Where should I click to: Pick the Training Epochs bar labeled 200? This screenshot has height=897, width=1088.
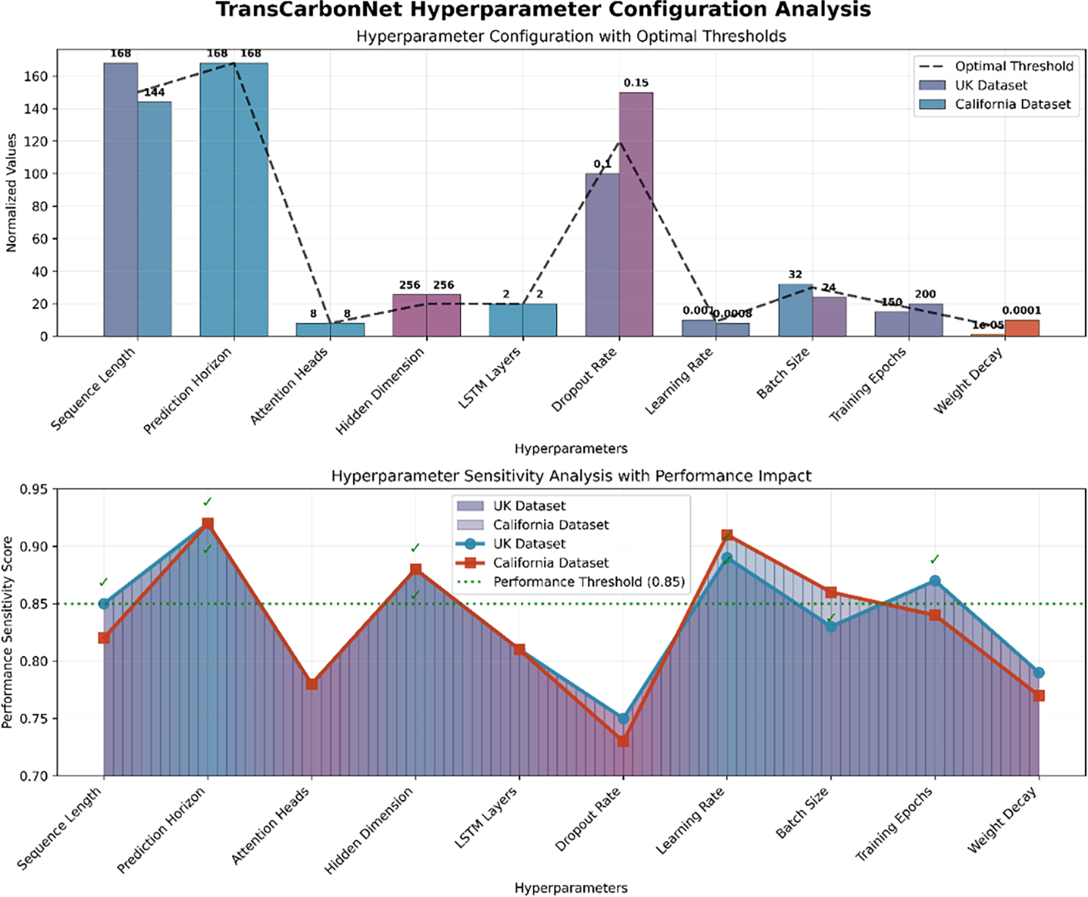[x=925, y=320]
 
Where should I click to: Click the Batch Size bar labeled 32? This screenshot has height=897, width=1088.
[x=795, y=310]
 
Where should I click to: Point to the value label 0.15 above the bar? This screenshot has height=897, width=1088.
[x=636, y=83]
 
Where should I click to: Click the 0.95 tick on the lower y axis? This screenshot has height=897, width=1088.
[x=33, y=489]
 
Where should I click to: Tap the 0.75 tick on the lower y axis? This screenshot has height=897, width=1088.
[x=33, y=718]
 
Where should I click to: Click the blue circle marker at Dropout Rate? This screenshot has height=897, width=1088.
[x=623, y=718]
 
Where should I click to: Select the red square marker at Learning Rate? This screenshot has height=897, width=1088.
[x=727, y=535]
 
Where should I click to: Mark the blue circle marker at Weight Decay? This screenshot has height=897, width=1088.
[x=1038, y=672]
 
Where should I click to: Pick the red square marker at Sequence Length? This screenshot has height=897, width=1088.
[x=104, y=638]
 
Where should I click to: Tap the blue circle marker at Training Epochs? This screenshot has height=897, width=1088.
[x=935, y=580]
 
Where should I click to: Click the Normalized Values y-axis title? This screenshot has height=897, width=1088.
[x=11, y=193]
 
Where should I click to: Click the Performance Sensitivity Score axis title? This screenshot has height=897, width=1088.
[x=8, y=632]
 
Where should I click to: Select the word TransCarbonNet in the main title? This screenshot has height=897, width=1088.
[x=309, y=10]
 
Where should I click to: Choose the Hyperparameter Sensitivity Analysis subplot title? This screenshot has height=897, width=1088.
[x=570, y=475]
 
